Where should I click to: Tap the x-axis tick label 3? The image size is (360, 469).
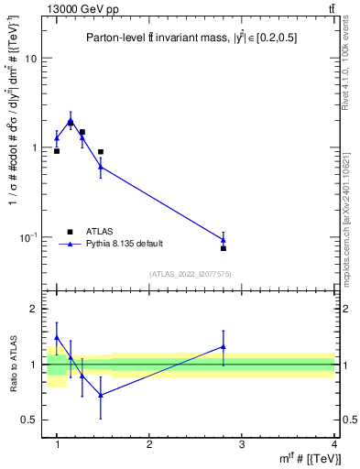(x=242, y=444)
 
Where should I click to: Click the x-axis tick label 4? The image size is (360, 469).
(x=333, y=444)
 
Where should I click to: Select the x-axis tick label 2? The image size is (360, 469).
(x=149, y=444)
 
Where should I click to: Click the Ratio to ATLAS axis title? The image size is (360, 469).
(x=14, y=365)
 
